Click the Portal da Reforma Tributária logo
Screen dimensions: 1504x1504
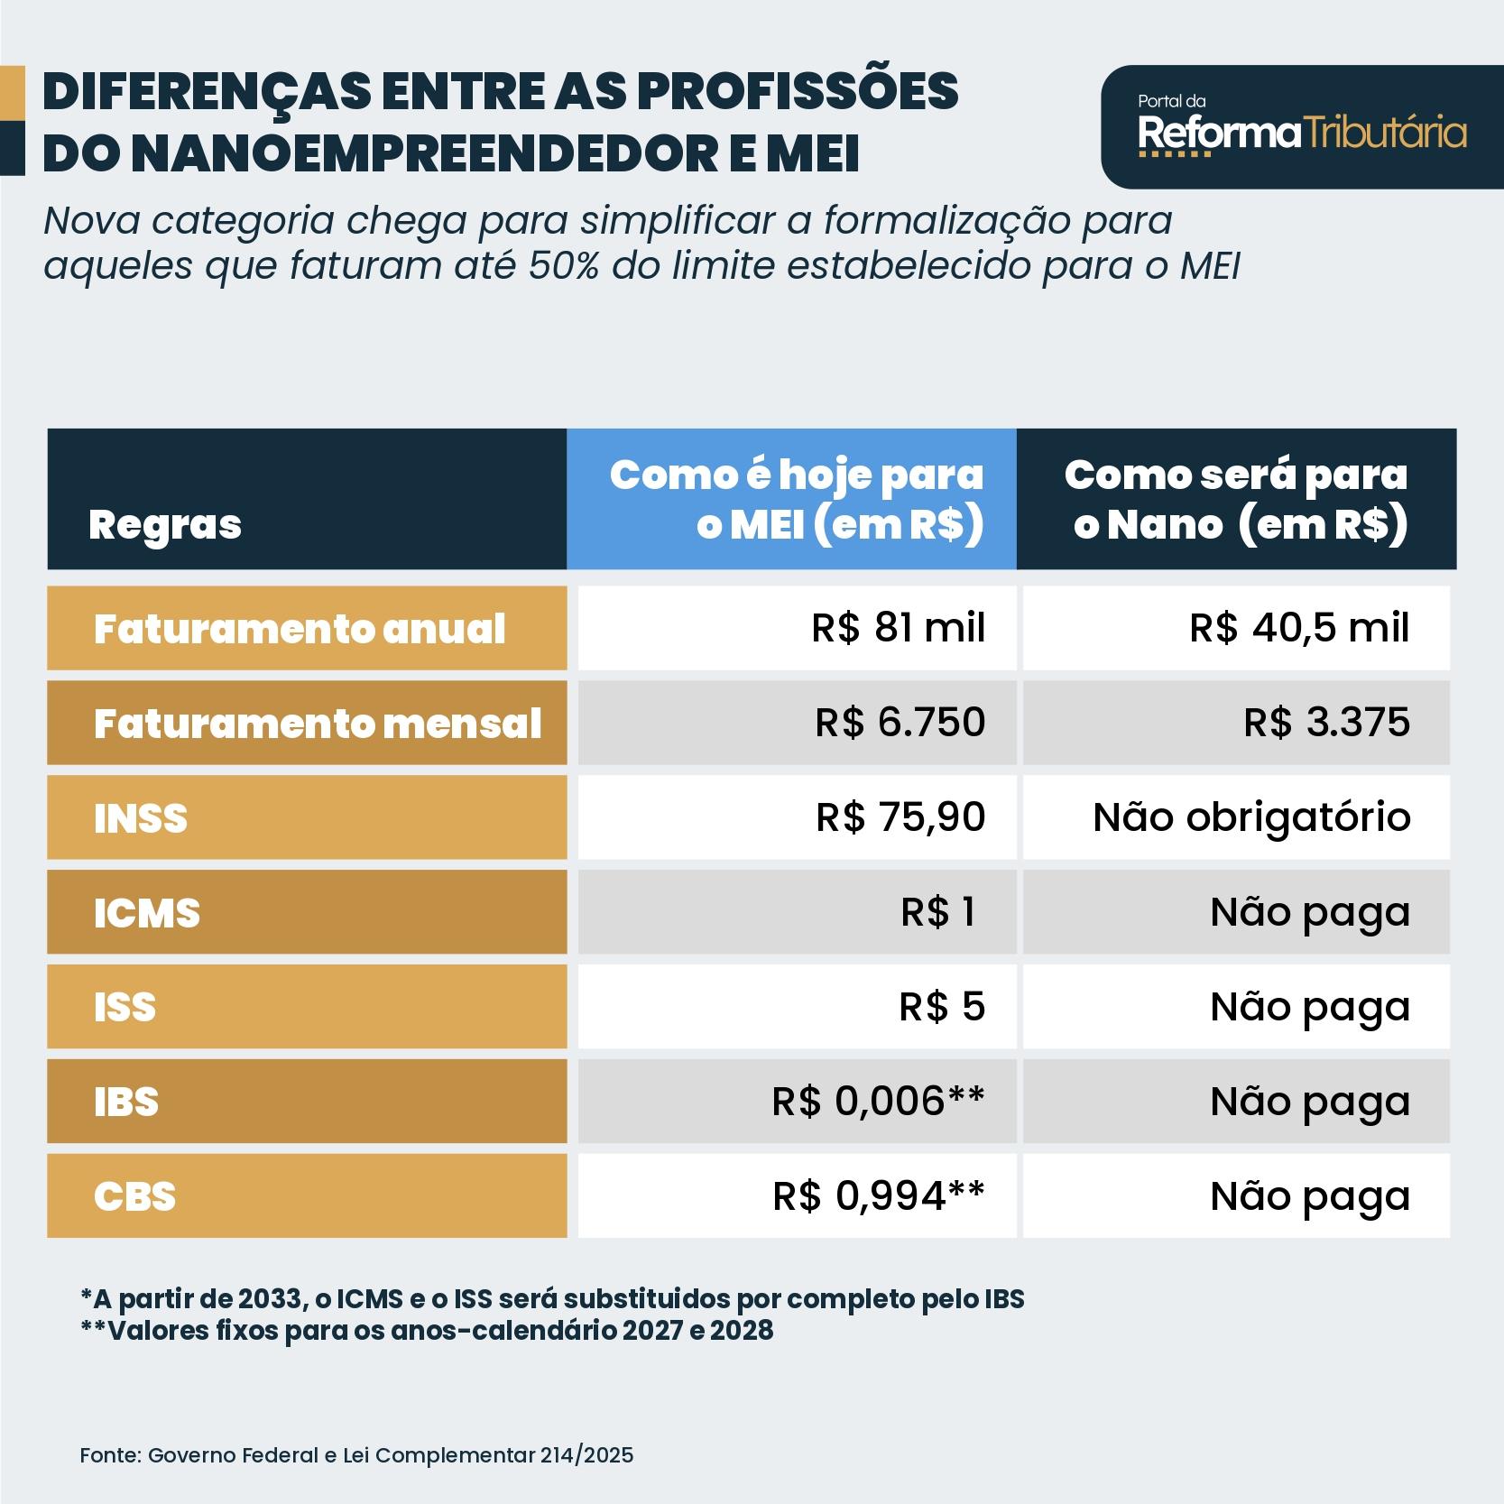[x=1301, y=127]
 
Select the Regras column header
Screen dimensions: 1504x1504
[x=165, y=524]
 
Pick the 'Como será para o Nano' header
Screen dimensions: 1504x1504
[x=1235, y=499]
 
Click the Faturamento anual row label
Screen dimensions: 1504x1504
[x=299, y=629]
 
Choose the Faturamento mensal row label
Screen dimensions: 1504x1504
[x=317, y=724]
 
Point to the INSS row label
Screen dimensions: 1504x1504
[x=141, y=818]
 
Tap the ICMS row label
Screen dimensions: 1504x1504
[x=147, y=913]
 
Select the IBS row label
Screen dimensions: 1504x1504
[x=126, y=1102]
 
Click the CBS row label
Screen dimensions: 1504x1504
[x=135, y=1196]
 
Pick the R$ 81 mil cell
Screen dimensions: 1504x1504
[x=898, y=628]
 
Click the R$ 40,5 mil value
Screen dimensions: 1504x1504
[x=1298, y=628]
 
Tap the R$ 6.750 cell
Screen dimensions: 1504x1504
[x=900, y=723]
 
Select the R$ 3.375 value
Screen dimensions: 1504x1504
[x=1326, y=723]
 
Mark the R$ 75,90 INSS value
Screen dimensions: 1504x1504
[x=900, y=817]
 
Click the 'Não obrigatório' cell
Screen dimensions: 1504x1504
[x=1251, y=817]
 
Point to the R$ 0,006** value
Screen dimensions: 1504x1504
[x=878, y=1102]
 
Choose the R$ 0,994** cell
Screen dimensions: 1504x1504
[x=879, y=1196]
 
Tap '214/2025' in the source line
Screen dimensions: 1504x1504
[x=587, y=1455]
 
